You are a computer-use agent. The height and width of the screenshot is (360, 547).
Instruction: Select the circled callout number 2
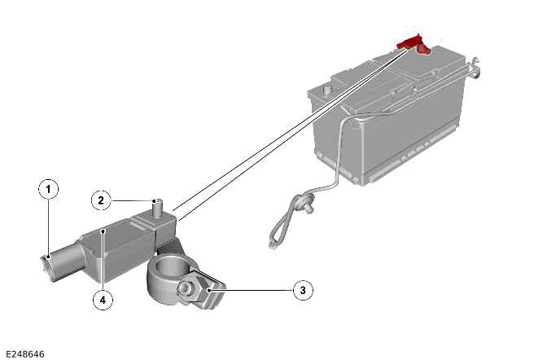pos(101,199)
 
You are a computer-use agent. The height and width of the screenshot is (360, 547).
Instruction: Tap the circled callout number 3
pos(302,288)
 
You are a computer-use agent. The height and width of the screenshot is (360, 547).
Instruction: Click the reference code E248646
pos(25,353)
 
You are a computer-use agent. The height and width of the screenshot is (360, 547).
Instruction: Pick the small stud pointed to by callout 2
pos(156,204)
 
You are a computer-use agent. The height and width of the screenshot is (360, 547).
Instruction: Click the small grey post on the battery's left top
pos(328,88)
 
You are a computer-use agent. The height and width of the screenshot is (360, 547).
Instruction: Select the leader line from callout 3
pos(252,288)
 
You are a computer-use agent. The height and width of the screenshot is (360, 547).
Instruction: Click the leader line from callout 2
pos(130,199)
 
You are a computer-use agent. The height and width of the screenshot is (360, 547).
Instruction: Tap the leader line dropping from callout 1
pos(49,228)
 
